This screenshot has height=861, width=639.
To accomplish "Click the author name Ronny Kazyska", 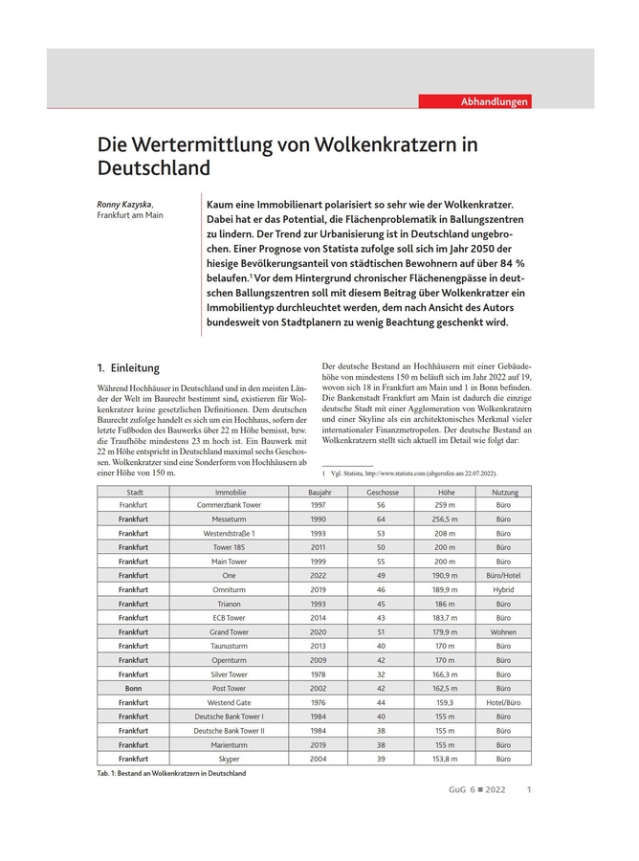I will point(123,204).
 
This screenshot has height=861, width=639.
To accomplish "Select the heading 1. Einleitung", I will point(128,368).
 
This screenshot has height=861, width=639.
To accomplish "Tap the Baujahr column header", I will point(319,492).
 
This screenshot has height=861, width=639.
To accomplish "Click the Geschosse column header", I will point(382,492).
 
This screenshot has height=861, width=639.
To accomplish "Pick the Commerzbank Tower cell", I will point(230,504).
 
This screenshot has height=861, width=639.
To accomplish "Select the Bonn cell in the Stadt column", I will point(134,689).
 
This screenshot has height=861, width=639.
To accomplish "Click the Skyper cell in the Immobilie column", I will point(230,759).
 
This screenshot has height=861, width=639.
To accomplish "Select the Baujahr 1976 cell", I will point(319,702).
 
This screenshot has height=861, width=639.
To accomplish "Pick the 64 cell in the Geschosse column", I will point(382,519).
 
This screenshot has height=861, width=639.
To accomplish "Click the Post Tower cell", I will point(230,689).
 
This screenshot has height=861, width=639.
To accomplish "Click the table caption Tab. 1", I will point(171,773).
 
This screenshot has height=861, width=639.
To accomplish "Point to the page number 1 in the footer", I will point(529,790).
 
